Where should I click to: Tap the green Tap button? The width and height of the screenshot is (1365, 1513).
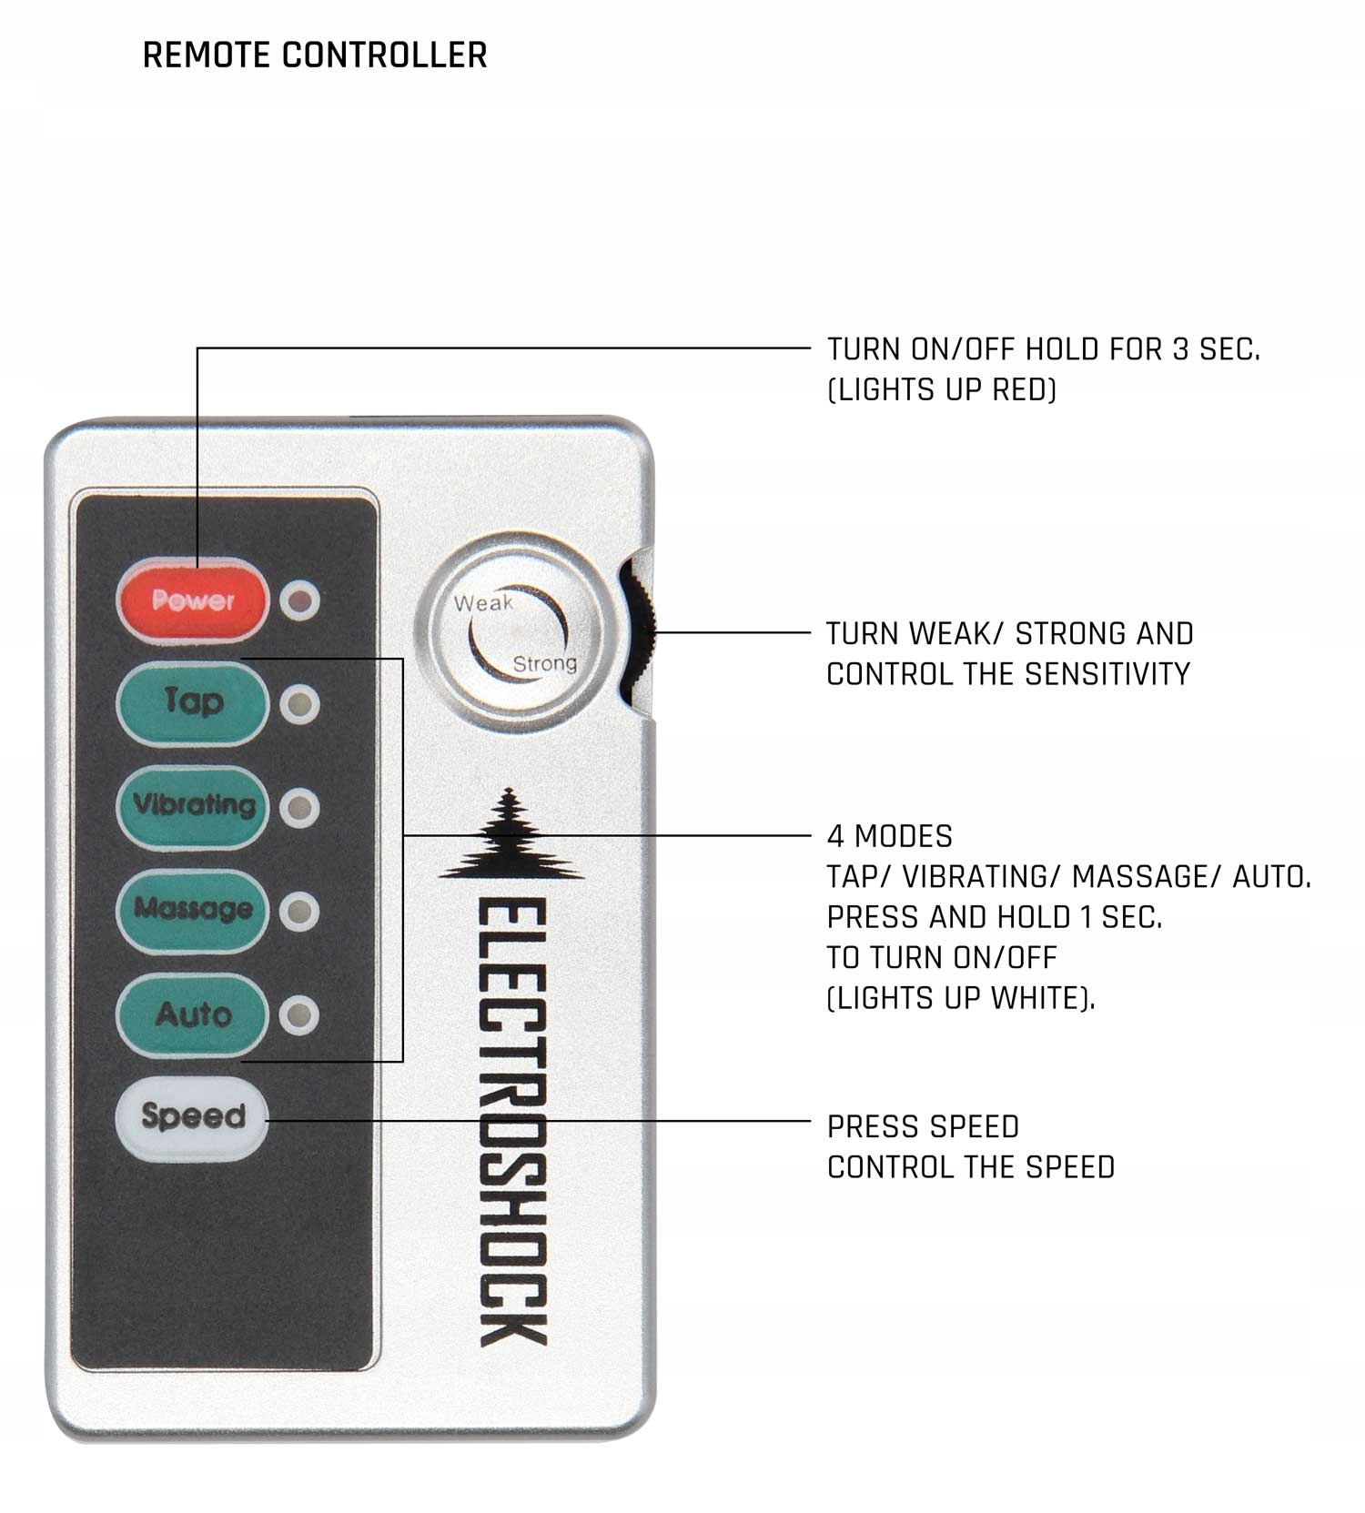coord(193,703)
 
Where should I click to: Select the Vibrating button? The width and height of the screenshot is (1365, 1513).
coord(193,806)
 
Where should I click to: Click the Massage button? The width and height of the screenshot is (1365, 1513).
coord(193,910)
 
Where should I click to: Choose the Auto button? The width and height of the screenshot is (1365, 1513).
coord(193,1014)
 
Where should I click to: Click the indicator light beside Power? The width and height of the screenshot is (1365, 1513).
coord(299,600)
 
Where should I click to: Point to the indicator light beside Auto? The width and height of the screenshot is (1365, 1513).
coord(299,1015)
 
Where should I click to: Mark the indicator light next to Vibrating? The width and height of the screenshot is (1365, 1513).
coord(299,808)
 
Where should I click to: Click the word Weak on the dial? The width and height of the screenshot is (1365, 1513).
coord(483,602)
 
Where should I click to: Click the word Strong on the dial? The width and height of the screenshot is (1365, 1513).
coord(544,663)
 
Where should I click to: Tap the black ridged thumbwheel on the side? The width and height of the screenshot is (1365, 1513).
coord(641,631)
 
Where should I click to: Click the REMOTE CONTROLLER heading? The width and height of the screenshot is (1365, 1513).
coord(315,55)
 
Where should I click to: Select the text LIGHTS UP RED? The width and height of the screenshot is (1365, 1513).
coord(942,390)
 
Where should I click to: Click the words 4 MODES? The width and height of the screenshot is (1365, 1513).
coord(889,836)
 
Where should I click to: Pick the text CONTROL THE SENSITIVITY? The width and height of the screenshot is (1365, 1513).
coord(1007,674)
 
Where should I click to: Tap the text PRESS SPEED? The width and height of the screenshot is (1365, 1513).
coord(923,1127)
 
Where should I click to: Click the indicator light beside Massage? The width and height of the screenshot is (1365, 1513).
coord(299,912)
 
